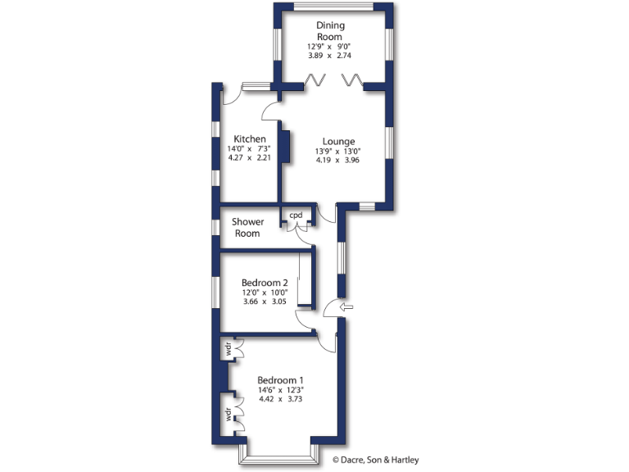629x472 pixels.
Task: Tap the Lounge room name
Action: [x=338, y=141]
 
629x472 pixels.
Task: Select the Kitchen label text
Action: [x=249, y=138]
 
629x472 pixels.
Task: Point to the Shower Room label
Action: [x=247, y=228]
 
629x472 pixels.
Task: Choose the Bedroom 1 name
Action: [x=280, y=380]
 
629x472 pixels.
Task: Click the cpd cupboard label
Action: [x=296, y=216]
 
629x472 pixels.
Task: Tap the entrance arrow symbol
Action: [x=347, y=307]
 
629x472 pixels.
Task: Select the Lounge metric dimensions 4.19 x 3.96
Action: [x=338, y=161]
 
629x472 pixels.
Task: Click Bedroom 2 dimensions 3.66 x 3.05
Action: [x=265, y=302]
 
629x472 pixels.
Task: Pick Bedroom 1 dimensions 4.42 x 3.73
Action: [x=280, y=400]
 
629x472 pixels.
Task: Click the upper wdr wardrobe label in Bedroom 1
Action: [x=225, y=350]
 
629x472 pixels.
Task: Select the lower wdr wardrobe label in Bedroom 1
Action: [x=225, y=414]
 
